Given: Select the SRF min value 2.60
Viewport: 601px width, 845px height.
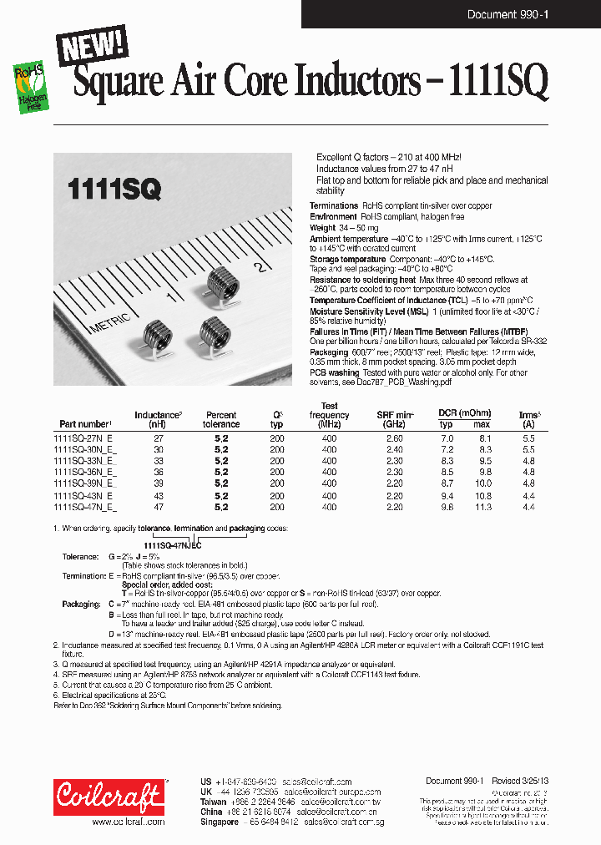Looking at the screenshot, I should [395, 438].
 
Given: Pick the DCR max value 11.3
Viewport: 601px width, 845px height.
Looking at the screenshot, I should [482, 506].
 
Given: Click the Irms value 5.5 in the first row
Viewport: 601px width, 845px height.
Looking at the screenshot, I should [528, 438].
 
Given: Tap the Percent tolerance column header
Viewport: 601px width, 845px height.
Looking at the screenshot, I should [221, 419].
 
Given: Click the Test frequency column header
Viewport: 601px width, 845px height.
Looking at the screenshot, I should [329, 414].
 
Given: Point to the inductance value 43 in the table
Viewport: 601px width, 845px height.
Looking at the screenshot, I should [159, 494].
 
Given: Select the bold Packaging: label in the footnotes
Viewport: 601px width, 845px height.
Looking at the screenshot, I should [81, 603].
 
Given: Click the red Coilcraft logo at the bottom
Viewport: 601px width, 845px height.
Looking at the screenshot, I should [109, 797].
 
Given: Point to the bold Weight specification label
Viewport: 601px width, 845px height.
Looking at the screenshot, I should [323, 227].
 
